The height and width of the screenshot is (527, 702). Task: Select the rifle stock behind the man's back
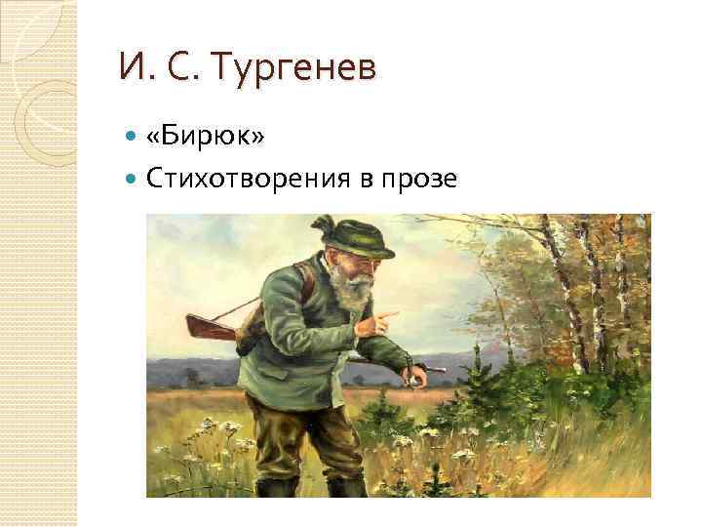click(209, 325)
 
